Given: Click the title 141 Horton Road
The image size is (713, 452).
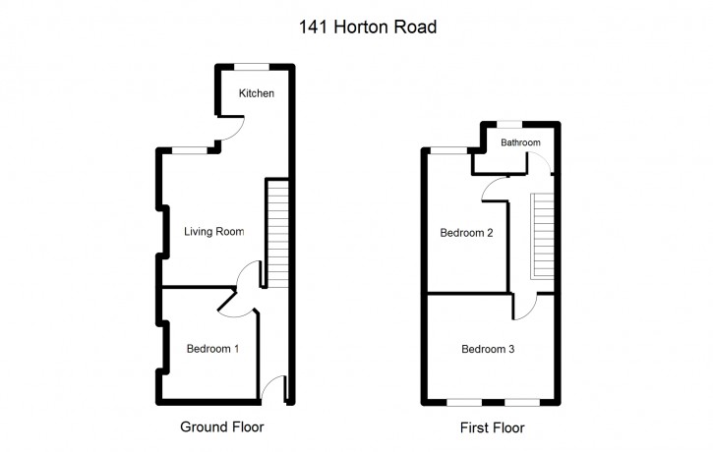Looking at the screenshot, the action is [x=368, y=27].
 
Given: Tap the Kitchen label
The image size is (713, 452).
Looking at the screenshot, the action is [x=257, y=93].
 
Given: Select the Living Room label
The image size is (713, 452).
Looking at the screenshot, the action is [x=213, y=232].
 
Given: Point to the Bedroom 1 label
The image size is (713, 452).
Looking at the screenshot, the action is [x=212, y=349].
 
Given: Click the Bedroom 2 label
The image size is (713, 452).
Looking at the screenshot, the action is [x=466, y=233].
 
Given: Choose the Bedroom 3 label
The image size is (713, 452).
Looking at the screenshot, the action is [x=488, y=350].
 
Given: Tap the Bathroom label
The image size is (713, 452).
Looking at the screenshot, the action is [x=520, y=142].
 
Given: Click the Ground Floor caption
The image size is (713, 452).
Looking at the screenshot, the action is [x=222, y=427].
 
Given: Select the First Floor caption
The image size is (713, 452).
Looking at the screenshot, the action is [x=492, y=427].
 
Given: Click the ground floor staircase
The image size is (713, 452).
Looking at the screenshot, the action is [x=277, y=233].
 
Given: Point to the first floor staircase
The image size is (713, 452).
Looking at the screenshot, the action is [x=542, y=236].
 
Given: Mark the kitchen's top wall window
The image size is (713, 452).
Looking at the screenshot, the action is [x=252, y=67].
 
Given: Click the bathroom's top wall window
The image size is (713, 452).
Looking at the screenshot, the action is [x=509, y=124].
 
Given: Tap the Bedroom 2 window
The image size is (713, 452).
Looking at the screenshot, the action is [x=448, y=150].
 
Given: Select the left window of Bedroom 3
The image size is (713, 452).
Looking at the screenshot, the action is [x=464, y=403].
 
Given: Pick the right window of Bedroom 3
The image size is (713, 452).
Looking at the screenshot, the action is [x=522, y=403].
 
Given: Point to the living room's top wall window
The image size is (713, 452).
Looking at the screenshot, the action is [x=190, y=150].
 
